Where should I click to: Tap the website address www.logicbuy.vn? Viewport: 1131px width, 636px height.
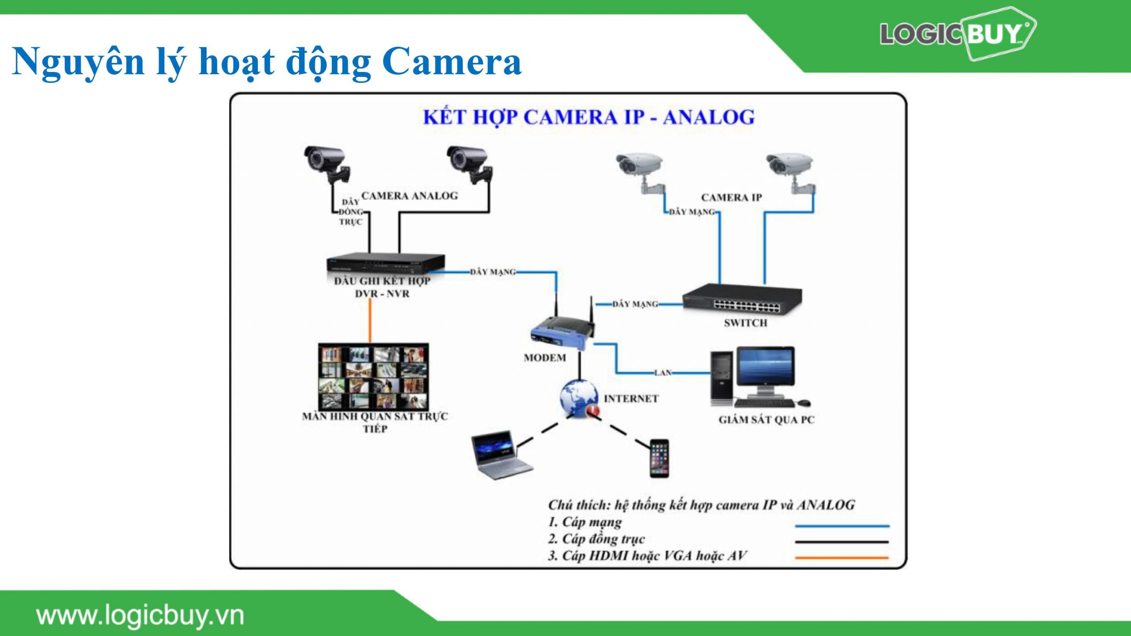140,616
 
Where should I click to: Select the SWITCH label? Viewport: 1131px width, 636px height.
745,323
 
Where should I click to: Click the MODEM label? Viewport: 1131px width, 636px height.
545,358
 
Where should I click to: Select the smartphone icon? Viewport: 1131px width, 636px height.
659,458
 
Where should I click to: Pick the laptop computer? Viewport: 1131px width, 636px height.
501,455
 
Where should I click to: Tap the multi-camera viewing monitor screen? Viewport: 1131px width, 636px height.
373,376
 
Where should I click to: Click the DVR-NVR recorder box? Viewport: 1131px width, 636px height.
385,264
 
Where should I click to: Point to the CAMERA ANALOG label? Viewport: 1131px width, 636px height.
410,196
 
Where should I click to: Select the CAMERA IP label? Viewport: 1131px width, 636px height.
731,197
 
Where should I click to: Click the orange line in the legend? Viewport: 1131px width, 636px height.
842,558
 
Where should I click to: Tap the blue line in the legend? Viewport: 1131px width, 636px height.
842,526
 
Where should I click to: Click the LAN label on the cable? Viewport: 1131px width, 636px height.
663,373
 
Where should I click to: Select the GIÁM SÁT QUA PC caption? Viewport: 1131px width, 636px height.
766,420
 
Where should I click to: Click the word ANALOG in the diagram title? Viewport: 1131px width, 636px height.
709,117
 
